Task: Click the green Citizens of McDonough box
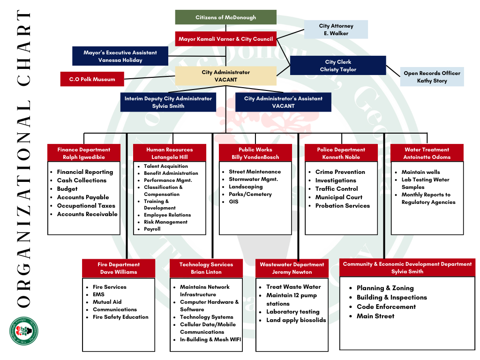[225, 17]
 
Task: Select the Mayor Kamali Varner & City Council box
[225, 39]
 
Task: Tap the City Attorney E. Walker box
[336, 30]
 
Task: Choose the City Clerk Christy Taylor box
[338, 66]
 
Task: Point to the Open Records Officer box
[432, 77]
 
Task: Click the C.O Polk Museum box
[92, 79]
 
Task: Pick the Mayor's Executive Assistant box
[120, 56]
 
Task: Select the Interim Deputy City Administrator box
[168, 102]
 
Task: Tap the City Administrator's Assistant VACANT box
[283, 102]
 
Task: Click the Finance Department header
[84, 153]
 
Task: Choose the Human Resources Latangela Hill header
[169, 153]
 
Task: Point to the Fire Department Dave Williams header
[118, 268]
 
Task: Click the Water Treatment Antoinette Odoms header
[427, 153]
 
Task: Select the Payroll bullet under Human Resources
[152, 229]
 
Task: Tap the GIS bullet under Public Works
[233, 202]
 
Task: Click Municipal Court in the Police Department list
[338, 197]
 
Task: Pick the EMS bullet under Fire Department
[98, 294]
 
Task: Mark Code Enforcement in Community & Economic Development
[386, 307]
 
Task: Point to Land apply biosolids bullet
[296, 320]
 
